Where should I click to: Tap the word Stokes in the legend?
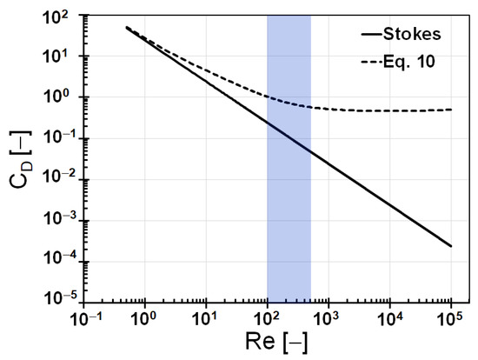pos(420,37)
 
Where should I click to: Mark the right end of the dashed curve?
pos(452,110)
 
